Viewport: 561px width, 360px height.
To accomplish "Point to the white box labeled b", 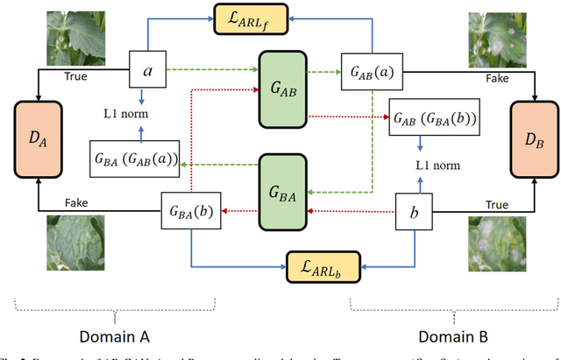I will [x=415, y=212].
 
